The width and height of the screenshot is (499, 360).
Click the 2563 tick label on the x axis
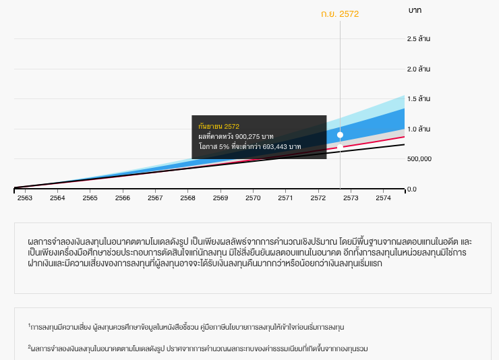click(25, 198)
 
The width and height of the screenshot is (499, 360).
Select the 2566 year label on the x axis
click(123, 198)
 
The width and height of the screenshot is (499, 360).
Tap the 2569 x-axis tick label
click(221, 198)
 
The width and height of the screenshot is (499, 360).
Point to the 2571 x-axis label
click(285, 198)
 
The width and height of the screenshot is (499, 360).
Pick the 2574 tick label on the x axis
click(383, 198)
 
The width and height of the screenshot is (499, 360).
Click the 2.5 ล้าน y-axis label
click(419, 39)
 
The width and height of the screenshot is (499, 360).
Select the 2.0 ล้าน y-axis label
click(419, 69)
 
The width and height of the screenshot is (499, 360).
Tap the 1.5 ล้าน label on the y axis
click(419, 99)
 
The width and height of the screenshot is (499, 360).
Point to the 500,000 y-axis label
click(419, 159)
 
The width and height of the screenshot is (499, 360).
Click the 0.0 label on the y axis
click(412, 189)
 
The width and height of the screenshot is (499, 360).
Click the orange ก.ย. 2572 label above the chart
click(340, 13)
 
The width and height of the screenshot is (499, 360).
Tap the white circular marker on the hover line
click(340, 135)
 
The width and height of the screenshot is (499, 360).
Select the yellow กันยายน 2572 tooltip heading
click(218, 126)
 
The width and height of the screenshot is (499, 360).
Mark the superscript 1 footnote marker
click(30, 325)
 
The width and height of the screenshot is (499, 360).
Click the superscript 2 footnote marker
click(30, 347)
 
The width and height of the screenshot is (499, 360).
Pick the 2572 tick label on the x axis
click(318, 198)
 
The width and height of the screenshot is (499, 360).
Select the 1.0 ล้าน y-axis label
click(419, 129)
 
